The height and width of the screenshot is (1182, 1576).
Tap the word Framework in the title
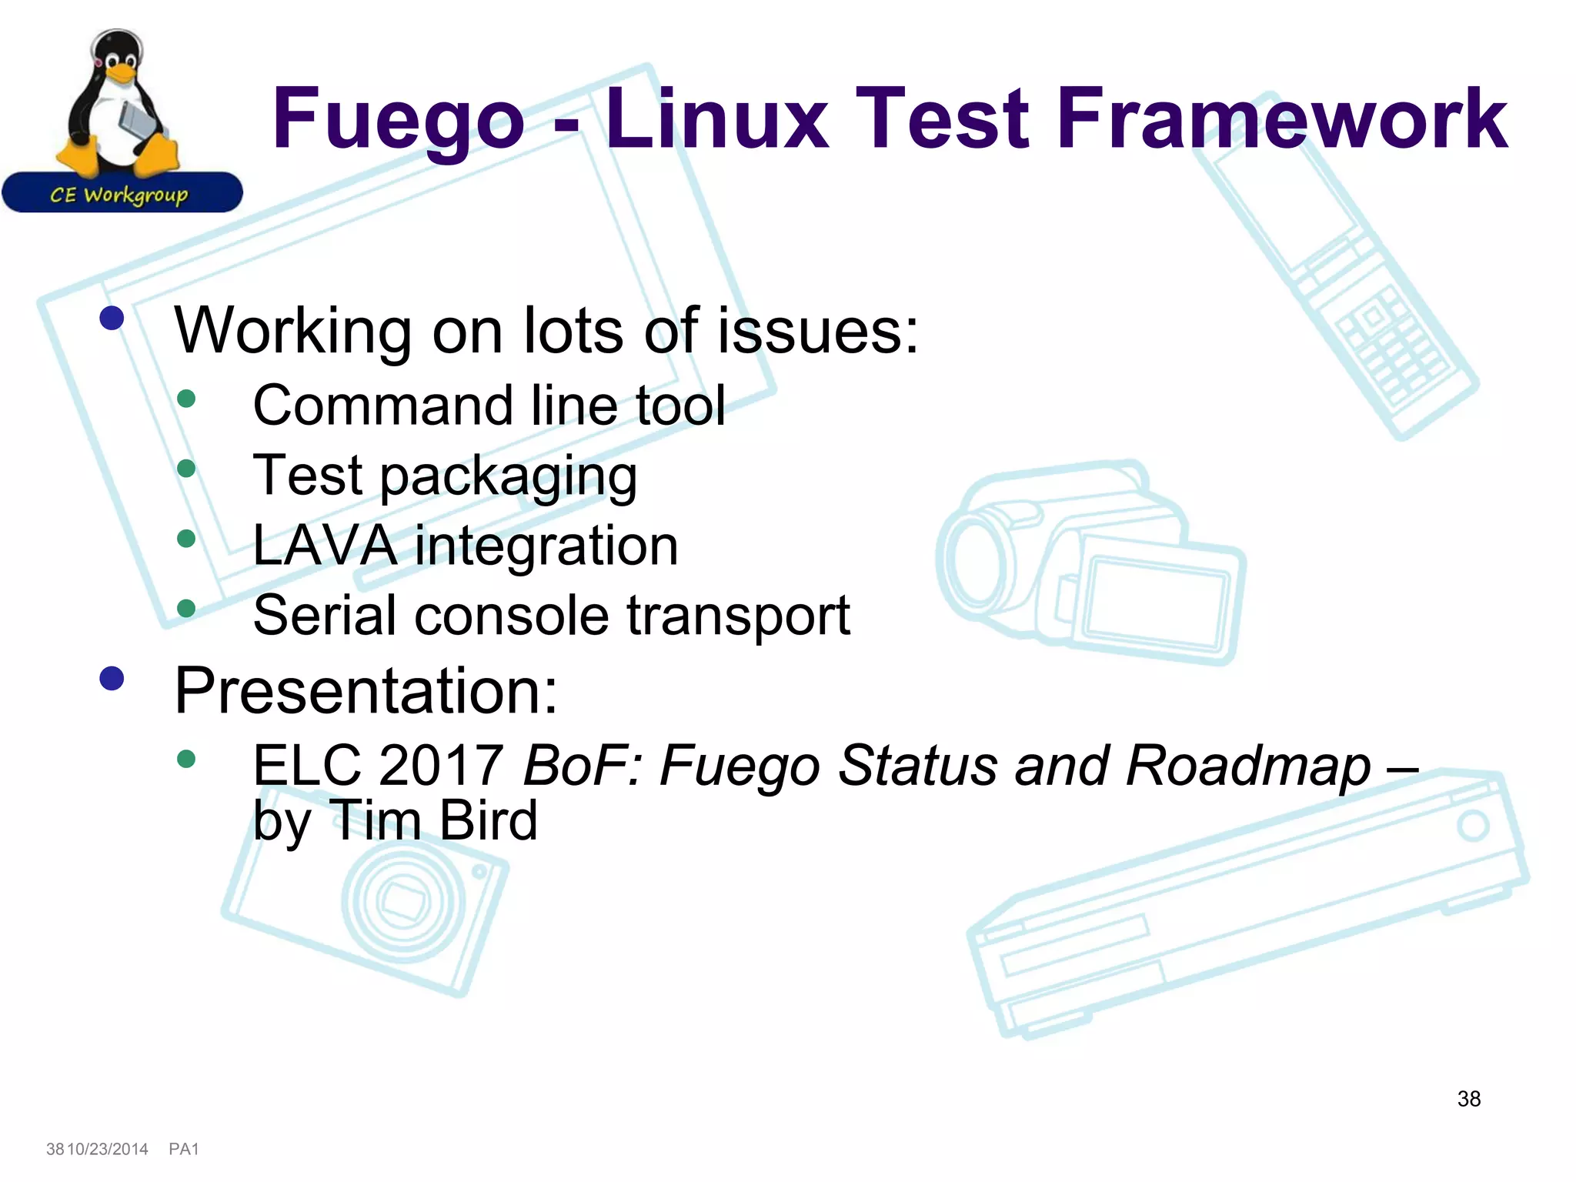point(1282,119)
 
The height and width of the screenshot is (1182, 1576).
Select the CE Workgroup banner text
point(119,195)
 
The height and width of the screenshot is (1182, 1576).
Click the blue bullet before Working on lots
point(112,318)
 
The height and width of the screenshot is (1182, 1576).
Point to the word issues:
point(818,331)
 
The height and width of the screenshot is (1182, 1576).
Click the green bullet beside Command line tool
point(186,399)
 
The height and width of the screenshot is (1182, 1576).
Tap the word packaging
point(508,477)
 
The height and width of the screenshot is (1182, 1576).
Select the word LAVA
point(325,546)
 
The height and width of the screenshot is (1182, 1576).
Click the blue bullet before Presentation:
point(112,678)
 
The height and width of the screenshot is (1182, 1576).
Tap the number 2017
point(441,766)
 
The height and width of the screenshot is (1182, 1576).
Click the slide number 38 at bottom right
point(1469,1099)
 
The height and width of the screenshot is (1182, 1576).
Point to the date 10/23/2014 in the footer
point(108,1149)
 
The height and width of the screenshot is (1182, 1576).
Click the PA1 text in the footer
point(184,1149)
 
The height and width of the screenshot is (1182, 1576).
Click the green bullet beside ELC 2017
point(186,760)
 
